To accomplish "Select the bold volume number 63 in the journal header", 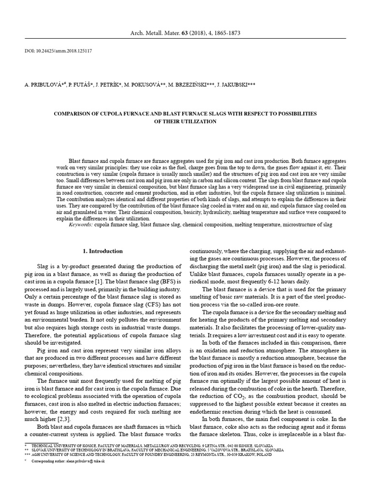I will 184,33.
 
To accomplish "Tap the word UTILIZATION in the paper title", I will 200,121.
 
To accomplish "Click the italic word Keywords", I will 81,225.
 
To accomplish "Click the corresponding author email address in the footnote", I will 83,462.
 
